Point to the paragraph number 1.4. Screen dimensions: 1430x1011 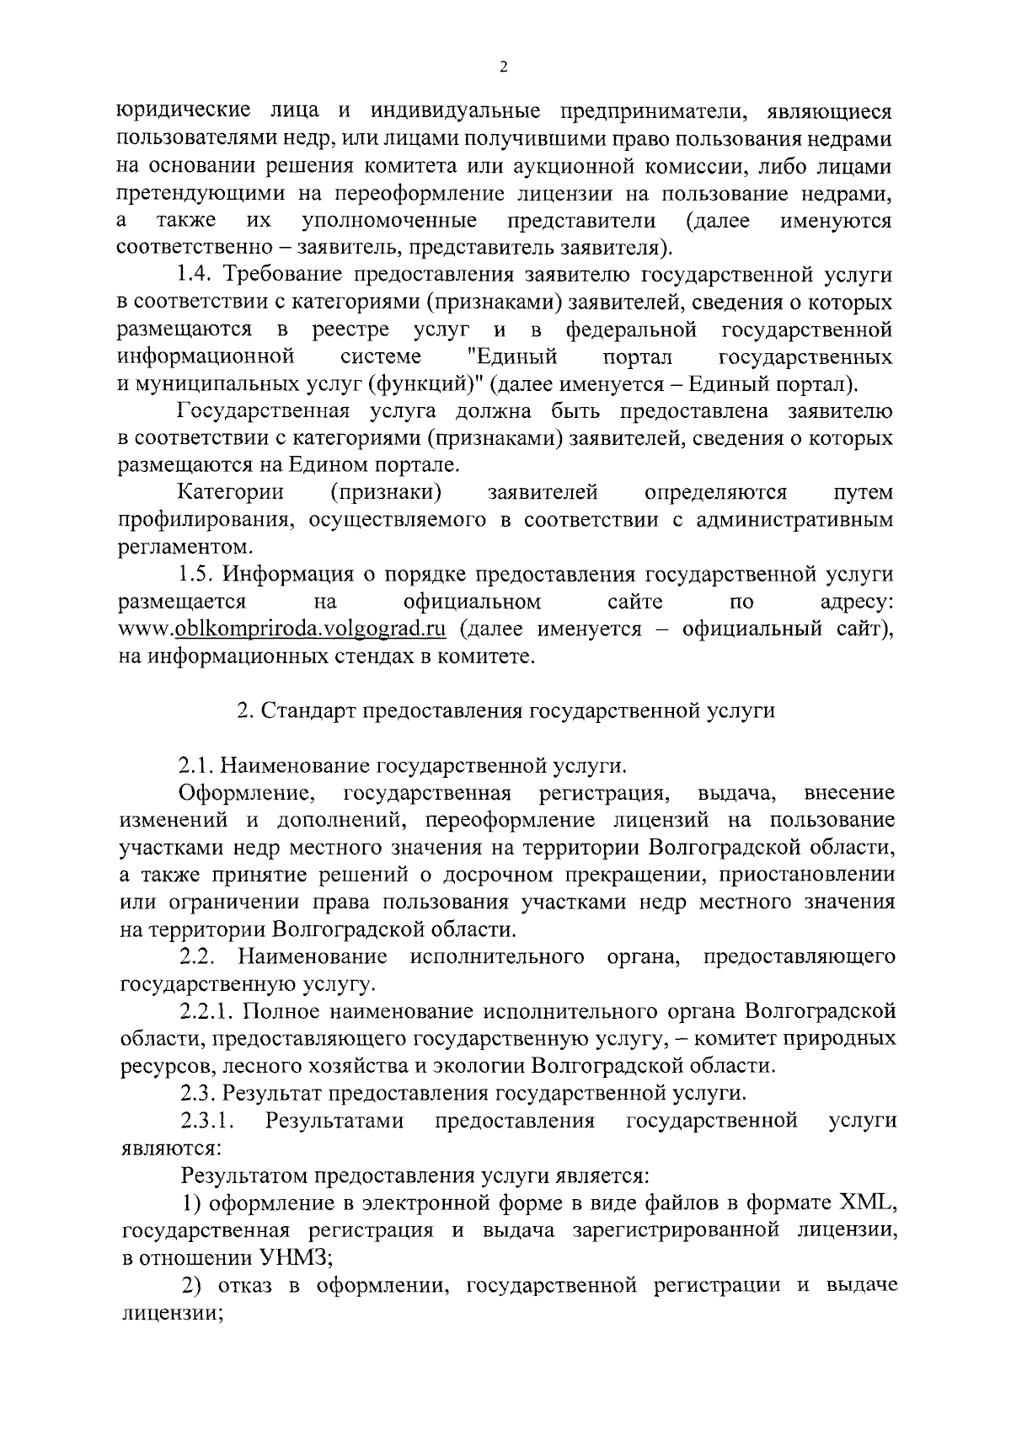pyautogui.click(x=197, y=276)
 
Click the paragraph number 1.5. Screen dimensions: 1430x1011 pyautogui.click(x=198, y=576)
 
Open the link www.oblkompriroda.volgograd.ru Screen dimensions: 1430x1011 pyautogui.click(x=282, y=630)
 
